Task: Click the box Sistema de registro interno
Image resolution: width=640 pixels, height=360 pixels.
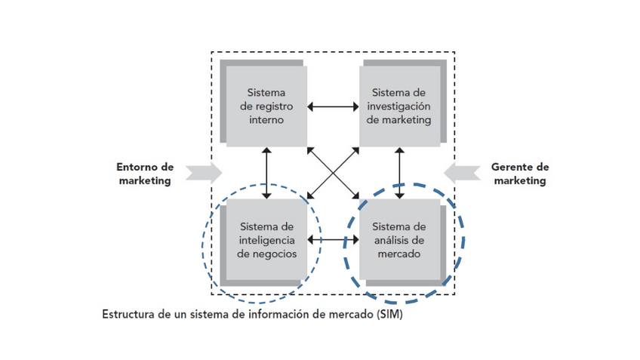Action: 266,106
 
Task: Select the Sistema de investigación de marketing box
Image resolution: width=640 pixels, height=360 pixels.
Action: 399,106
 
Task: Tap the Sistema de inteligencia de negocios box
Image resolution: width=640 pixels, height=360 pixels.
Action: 266,240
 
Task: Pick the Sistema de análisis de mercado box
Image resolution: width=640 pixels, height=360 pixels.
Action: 399,240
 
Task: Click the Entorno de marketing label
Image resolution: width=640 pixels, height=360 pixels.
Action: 144,174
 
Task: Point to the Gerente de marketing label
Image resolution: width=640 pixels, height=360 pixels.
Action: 518,174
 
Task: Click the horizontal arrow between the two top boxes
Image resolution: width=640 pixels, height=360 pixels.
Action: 333,106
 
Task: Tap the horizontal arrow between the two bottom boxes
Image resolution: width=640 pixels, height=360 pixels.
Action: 333,241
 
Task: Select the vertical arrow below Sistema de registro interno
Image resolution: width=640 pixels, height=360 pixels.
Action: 266,173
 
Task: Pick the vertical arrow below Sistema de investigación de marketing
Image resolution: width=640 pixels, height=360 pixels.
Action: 399,173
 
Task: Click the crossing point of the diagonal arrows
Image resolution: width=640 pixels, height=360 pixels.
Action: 333,173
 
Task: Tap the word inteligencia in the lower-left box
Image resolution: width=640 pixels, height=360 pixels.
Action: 266,240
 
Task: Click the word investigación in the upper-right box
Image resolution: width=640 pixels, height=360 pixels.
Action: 399,106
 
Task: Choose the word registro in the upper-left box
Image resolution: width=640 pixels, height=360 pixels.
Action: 273,106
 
